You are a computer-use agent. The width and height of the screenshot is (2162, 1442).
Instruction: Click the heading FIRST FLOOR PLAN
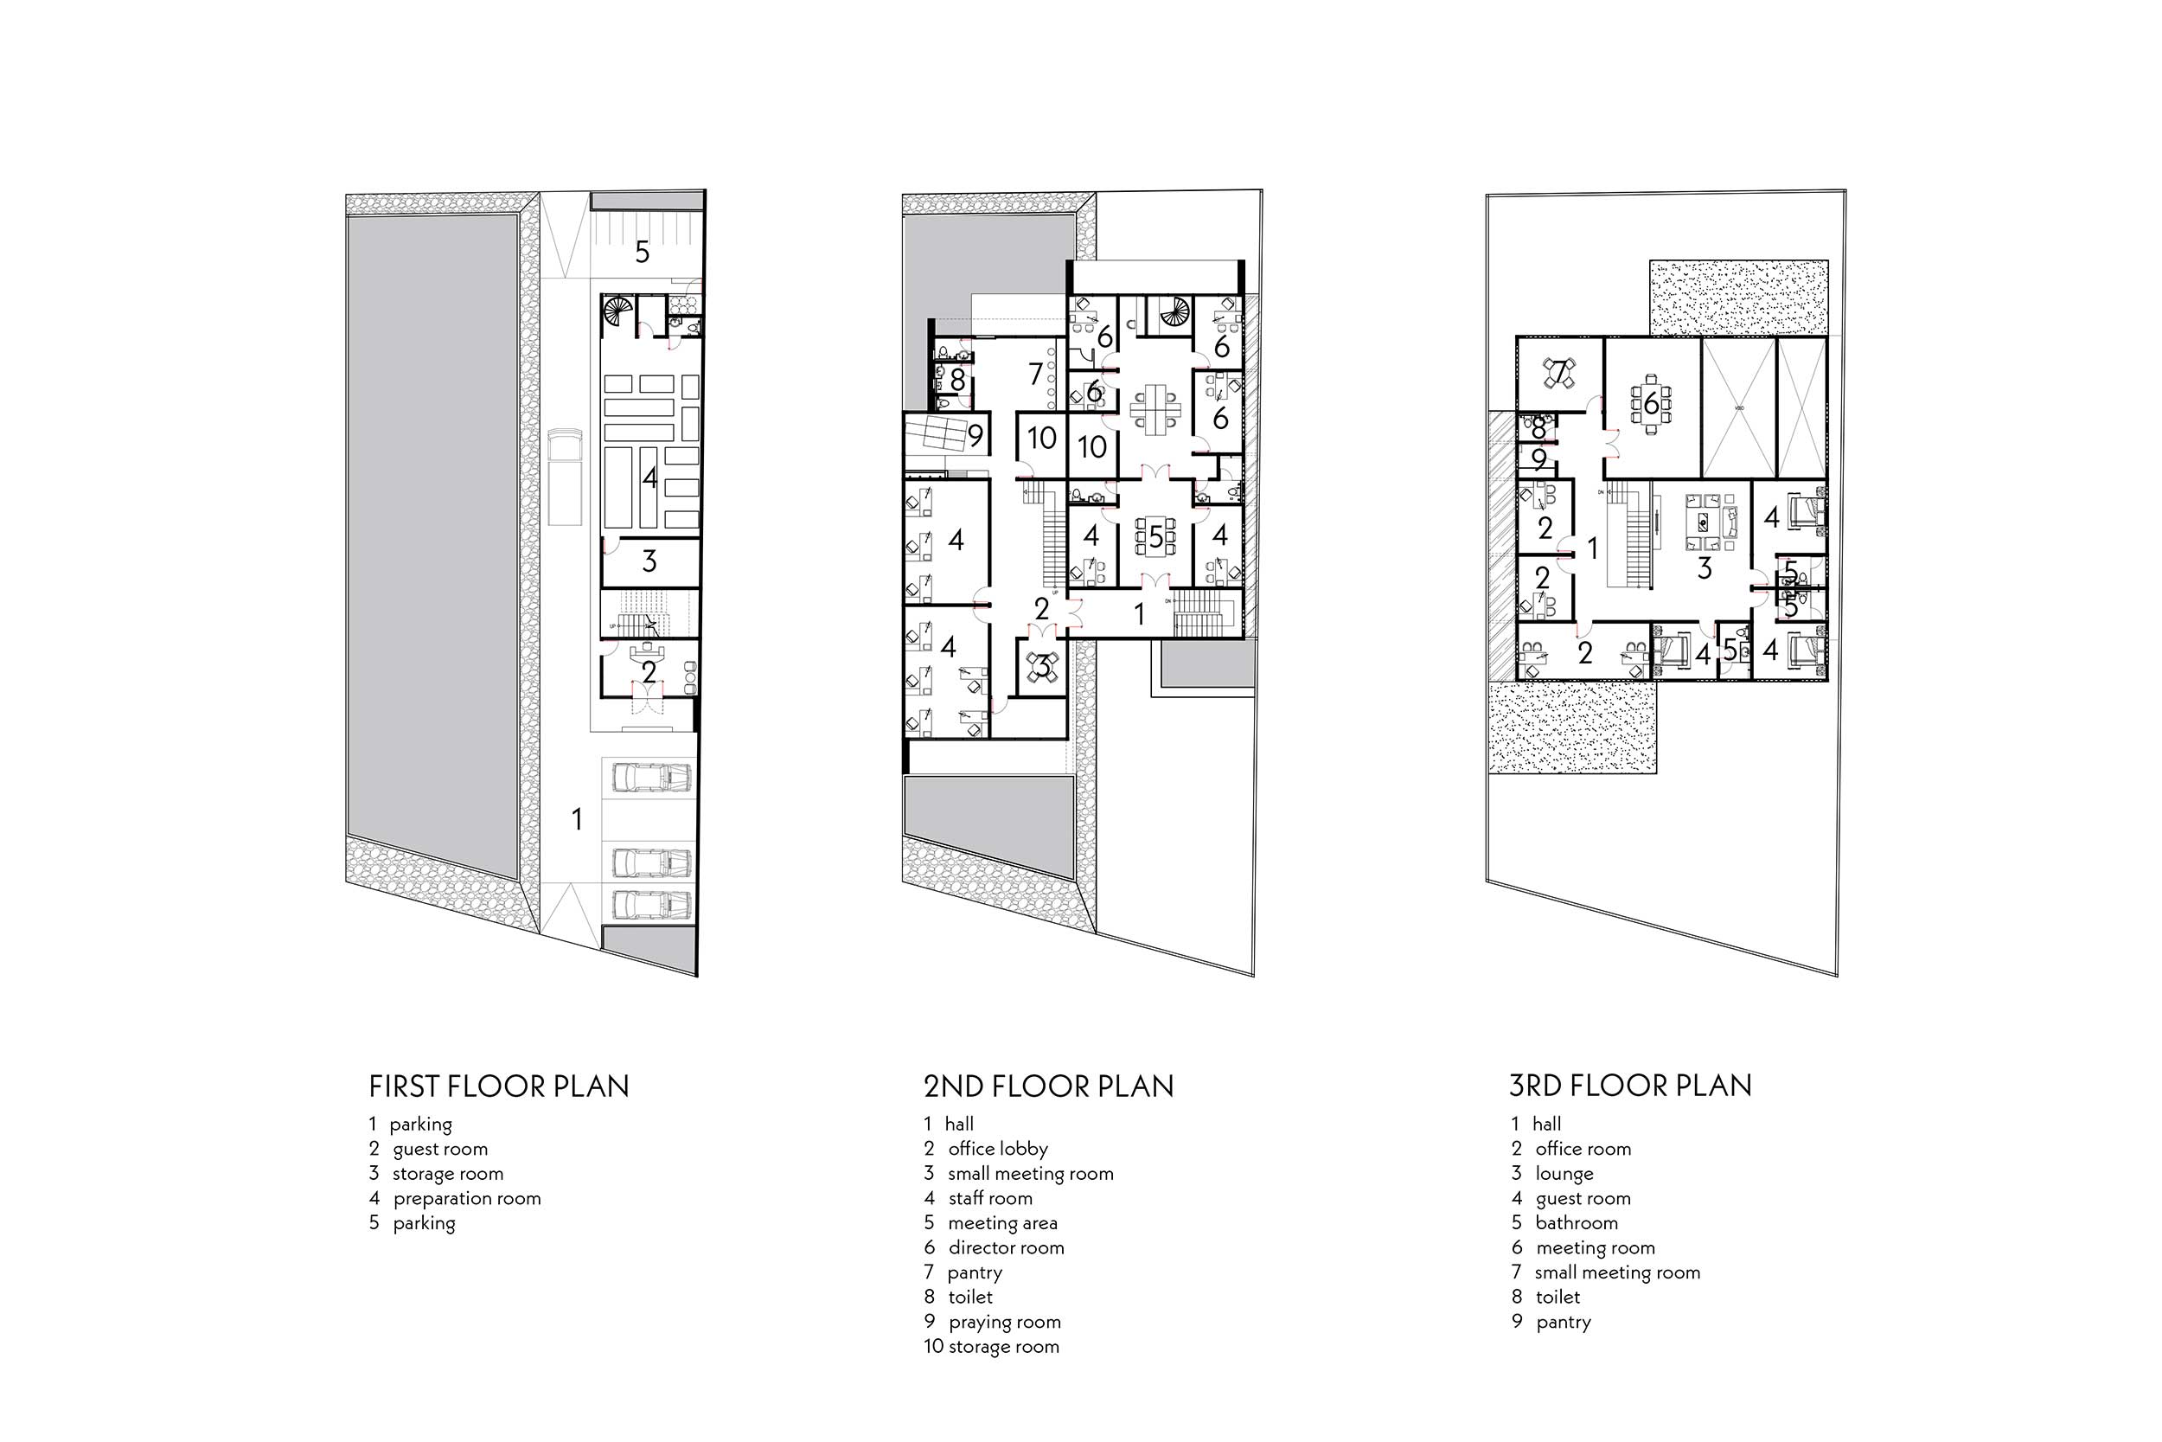point(498,1086)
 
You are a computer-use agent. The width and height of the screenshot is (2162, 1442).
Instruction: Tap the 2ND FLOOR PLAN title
point(1048,1086)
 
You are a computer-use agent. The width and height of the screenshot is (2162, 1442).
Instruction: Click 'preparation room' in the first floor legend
point(466,1198)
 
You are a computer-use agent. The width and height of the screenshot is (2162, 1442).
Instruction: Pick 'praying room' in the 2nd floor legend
point(1004,1323)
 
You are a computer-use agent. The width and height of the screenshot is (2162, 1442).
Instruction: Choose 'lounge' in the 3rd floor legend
point(1564,1175)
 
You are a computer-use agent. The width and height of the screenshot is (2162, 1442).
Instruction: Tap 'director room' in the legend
point(1006,1248)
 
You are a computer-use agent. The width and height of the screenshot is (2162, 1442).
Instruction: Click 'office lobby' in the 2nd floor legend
point(997,1149)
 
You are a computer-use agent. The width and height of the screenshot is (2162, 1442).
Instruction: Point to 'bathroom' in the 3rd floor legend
point(1576,1223)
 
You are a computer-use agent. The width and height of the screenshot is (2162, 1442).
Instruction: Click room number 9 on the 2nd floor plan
point(975,435)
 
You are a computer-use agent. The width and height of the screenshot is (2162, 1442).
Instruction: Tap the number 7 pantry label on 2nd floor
point(1036,375)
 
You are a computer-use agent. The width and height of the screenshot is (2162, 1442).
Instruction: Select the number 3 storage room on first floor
point(649,561)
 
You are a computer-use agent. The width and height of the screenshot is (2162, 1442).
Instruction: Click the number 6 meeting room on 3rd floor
point(1651,403)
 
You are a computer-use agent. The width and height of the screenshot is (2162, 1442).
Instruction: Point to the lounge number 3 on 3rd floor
point(1705,568)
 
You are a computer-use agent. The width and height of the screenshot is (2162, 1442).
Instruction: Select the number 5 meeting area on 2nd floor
point(1155,537)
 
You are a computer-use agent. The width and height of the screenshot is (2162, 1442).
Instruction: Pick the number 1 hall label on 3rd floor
point(1593,548)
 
